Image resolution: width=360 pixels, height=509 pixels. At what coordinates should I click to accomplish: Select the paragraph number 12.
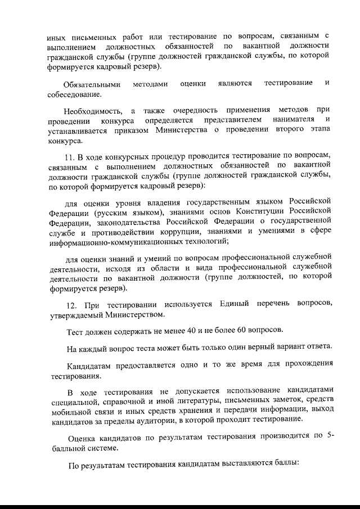pos(70,304)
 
